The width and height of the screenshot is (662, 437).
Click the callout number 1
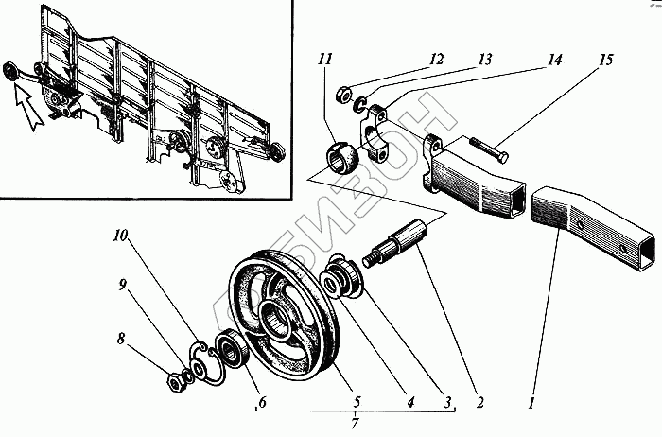(532, 401)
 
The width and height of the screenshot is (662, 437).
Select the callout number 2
(479, 402)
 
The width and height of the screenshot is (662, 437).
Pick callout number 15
(605, 60)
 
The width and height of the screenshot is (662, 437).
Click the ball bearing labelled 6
(233, 352)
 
